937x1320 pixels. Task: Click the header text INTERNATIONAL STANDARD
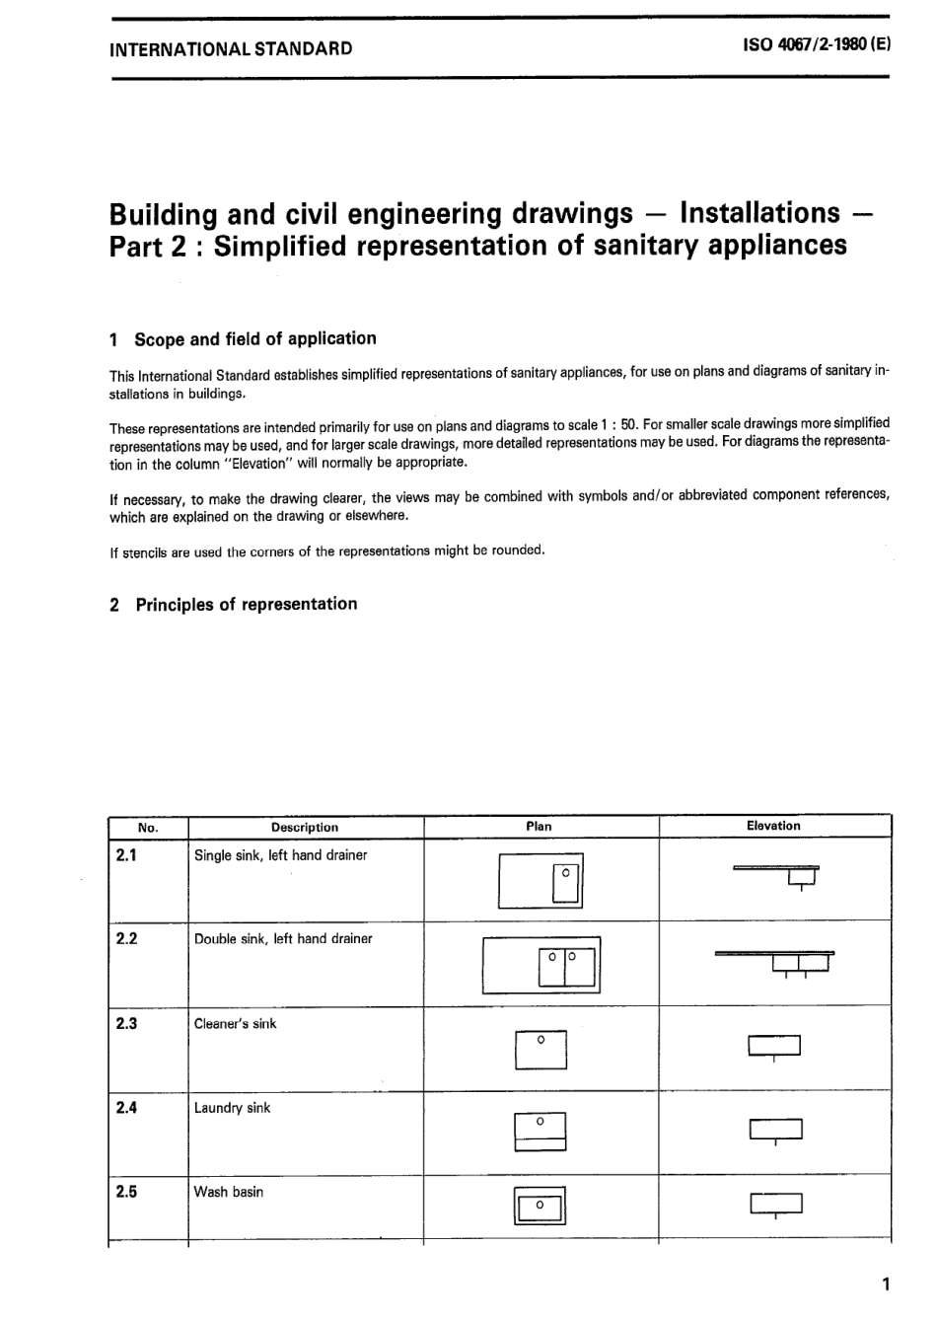pyautogui.click(x=231, y=48)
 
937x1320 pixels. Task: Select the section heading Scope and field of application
pyautogui.click(x=254, y=339)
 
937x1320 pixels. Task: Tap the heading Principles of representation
pyautogui.click(x=246, y=605)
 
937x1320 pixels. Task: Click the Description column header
pyautogui.click(x=305, y=828)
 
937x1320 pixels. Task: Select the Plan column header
pyautogui.click(x=540, y=827)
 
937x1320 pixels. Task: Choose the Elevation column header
pyautogui.click(x=773, y=827)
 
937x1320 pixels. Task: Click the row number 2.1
pyautogui.click(x=126, y=855)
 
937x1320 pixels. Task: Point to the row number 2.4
pyautogui.click(x=126, y=1108)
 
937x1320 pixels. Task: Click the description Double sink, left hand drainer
pyautogui.click(x=283, y=939)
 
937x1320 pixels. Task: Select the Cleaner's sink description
pyautogui.click(x=236, y=1024)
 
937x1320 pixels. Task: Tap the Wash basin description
pyautogui.click(x=229, y=1192)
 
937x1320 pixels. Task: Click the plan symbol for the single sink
pyautogui.click(x=541, y=880)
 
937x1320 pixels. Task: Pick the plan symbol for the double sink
pyautogui.click(x=541, y=964)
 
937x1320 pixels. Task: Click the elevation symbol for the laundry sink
pyautogui.click(x=775, y=1130)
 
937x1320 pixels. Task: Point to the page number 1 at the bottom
pyautogui.click(x=886, y=1283)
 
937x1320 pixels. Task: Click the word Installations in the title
pyautogui.click(x=759, y=213)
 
